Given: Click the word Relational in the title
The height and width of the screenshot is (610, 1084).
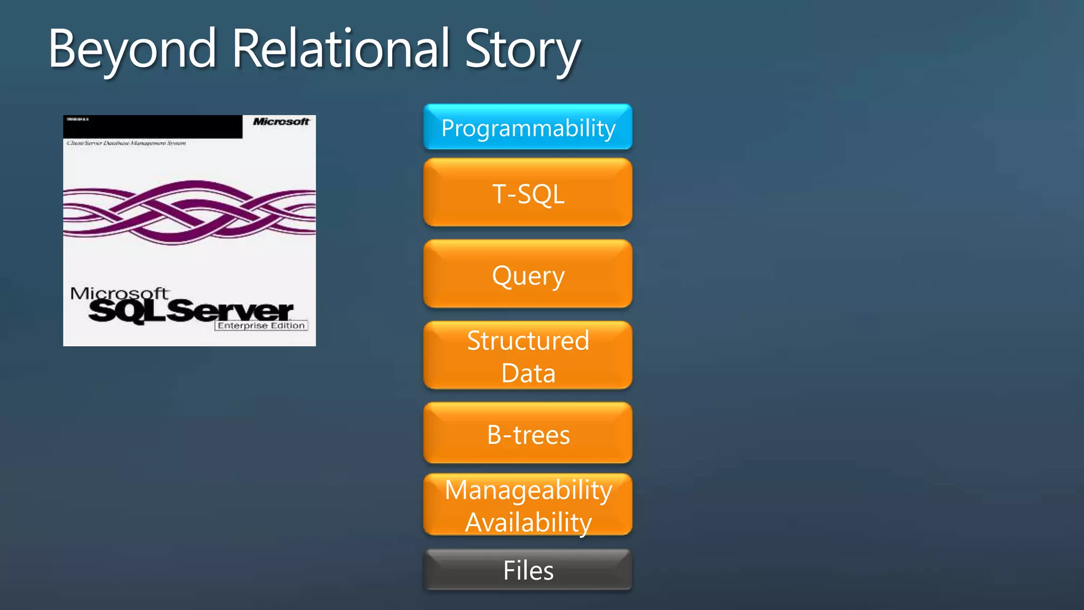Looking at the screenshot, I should (340, 49).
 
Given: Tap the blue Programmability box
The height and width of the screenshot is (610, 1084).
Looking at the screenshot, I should (528, 128).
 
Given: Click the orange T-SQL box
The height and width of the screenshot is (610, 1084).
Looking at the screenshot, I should (528, 193).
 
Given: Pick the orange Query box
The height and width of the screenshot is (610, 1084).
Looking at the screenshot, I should (528, 275).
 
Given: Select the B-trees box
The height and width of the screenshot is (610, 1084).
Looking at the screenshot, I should (528, 434).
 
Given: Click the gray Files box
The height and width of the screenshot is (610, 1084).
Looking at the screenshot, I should (528, 570).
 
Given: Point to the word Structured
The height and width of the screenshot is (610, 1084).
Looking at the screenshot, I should (528, 340).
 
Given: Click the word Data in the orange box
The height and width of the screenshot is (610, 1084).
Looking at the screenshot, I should (528, 373).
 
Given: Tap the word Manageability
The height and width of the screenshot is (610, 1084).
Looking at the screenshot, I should (528, 490).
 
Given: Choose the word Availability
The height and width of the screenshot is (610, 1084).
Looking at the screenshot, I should (528, 523).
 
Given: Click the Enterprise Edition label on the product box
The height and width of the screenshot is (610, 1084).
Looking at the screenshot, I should (261, 326).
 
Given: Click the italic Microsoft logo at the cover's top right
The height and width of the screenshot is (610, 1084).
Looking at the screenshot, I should (281, 122).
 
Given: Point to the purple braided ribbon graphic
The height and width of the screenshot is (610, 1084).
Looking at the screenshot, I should (189, 212).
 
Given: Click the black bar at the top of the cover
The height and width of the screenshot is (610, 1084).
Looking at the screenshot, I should (153, 127).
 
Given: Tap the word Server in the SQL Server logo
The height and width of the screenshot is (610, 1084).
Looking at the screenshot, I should (231, 311).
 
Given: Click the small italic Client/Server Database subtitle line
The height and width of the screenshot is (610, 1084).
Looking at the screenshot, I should (126, 143).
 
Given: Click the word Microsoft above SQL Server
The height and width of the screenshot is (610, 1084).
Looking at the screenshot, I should (119, 293).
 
